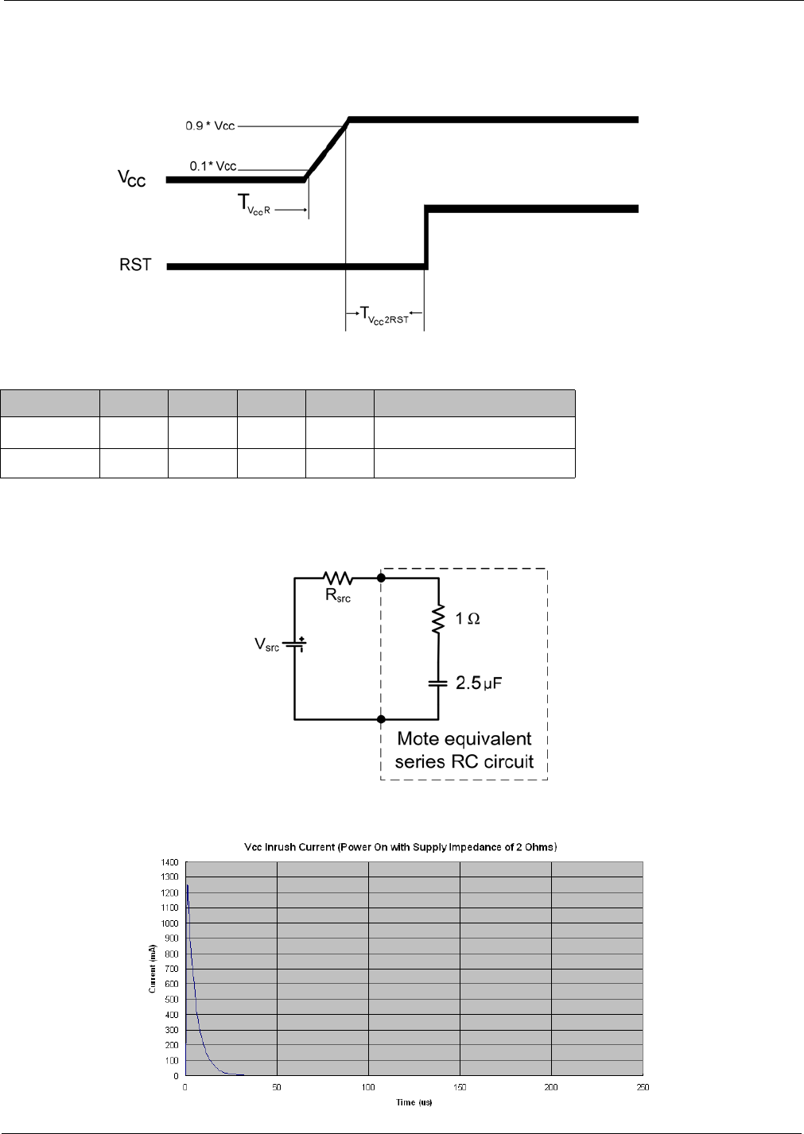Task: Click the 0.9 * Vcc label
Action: point(210,126)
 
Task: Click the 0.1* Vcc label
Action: point(212,166)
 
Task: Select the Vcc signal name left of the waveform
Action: point(132,178)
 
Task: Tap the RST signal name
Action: point(135,265)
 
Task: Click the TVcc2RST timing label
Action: point(385,315)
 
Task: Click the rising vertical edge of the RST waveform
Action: point(427,238)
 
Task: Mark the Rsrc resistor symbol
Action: point(338,578)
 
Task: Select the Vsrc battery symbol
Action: point(295,644)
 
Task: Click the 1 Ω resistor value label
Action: point(468,618)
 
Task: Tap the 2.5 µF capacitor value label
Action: point(479,683)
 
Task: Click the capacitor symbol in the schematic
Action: point(437,683)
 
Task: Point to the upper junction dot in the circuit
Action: point(381,578)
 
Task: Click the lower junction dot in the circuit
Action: point(381,719)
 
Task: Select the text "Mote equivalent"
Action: point(464,739)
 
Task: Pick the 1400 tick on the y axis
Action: point(169,862)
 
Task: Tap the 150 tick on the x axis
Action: point(460,1087)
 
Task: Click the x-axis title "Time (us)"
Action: point(414,1102)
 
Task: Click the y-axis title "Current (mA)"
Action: point(153,969)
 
